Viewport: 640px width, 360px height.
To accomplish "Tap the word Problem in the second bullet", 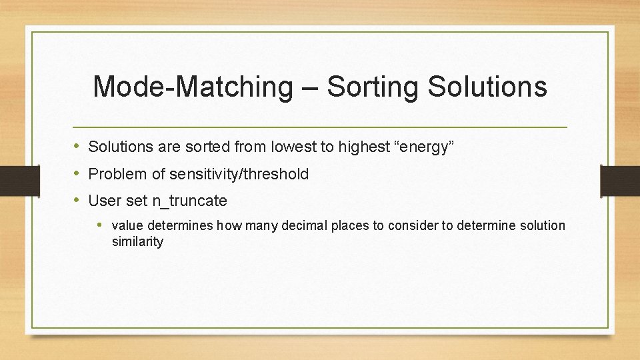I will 117,174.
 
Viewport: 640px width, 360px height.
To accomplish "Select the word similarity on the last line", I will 137,242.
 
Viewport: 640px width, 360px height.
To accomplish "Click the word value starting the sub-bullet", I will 127,226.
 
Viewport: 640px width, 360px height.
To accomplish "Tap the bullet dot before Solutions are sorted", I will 77,147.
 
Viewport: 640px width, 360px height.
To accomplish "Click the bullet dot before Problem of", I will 77,173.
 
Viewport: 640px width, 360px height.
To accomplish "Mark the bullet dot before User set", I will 77,200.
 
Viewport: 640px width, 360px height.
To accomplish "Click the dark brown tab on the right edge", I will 620,180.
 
